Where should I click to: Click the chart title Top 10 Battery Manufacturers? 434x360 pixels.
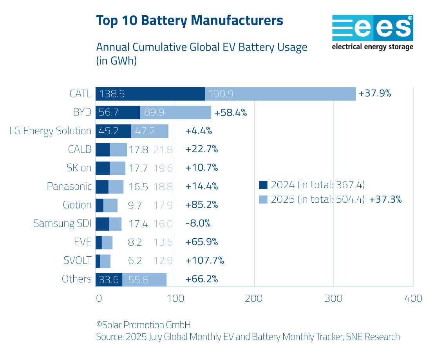click(190, 20)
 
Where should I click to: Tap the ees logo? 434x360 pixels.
click(372, 32)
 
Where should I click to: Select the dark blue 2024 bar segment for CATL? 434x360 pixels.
click(150, 94)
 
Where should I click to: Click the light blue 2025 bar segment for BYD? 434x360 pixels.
click(175, 113)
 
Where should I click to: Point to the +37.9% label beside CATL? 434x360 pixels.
click(375, 94)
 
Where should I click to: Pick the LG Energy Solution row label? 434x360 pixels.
click(51, 131)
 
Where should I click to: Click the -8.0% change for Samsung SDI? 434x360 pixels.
click(198, 223)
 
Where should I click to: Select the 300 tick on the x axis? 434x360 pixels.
click(334, 299)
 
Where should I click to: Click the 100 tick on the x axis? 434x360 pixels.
click(175, 299)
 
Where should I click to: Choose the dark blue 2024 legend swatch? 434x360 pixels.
click(263, 185)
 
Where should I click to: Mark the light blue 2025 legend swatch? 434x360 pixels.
click(263, 199)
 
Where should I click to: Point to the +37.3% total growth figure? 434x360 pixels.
click(385, 199)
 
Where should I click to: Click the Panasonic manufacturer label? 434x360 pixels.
click(69, 187)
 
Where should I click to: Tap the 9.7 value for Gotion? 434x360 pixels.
click(135, 205)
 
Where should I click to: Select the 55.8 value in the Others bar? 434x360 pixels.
click(138, 279)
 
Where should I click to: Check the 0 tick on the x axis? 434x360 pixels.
click(99, 299)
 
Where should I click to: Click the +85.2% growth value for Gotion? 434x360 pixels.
click(202, 205)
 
